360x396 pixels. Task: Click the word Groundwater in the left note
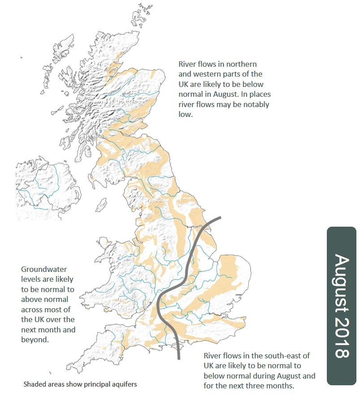[x=44, y=269]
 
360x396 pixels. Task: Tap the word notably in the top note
[x=254, y=104]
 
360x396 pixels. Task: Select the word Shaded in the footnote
[x=35, y=384]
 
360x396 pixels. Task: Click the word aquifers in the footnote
[x=125, y=384]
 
